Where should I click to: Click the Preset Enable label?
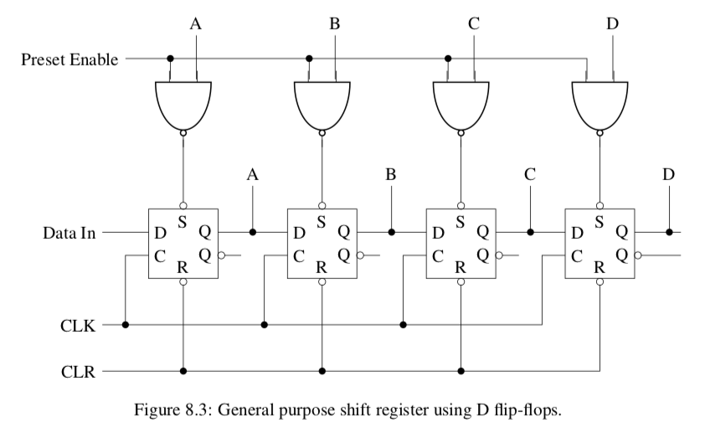click(x=69, y=59)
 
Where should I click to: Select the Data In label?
click(x=69, y=232)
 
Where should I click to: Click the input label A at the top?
click(x=195, y=23)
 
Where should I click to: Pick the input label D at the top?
click(x=612, y=23)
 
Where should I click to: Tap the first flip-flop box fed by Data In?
click(x=183, y=244)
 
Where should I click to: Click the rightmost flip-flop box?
click(x=600, y=244)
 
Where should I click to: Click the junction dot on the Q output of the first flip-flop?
click(x=253, y=231)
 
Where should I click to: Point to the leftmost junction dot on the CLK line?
click(x=126, y=325)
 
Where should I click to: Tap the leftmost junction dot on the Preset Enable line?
click(x=171, y=59)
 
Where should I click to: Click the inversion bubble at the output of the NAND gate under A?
click(x=183, y=132)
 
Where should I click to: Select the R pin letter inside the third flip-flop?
click(x=460, y=268)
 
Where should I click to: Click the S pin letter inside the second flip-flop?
click(x=321, y=222)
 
